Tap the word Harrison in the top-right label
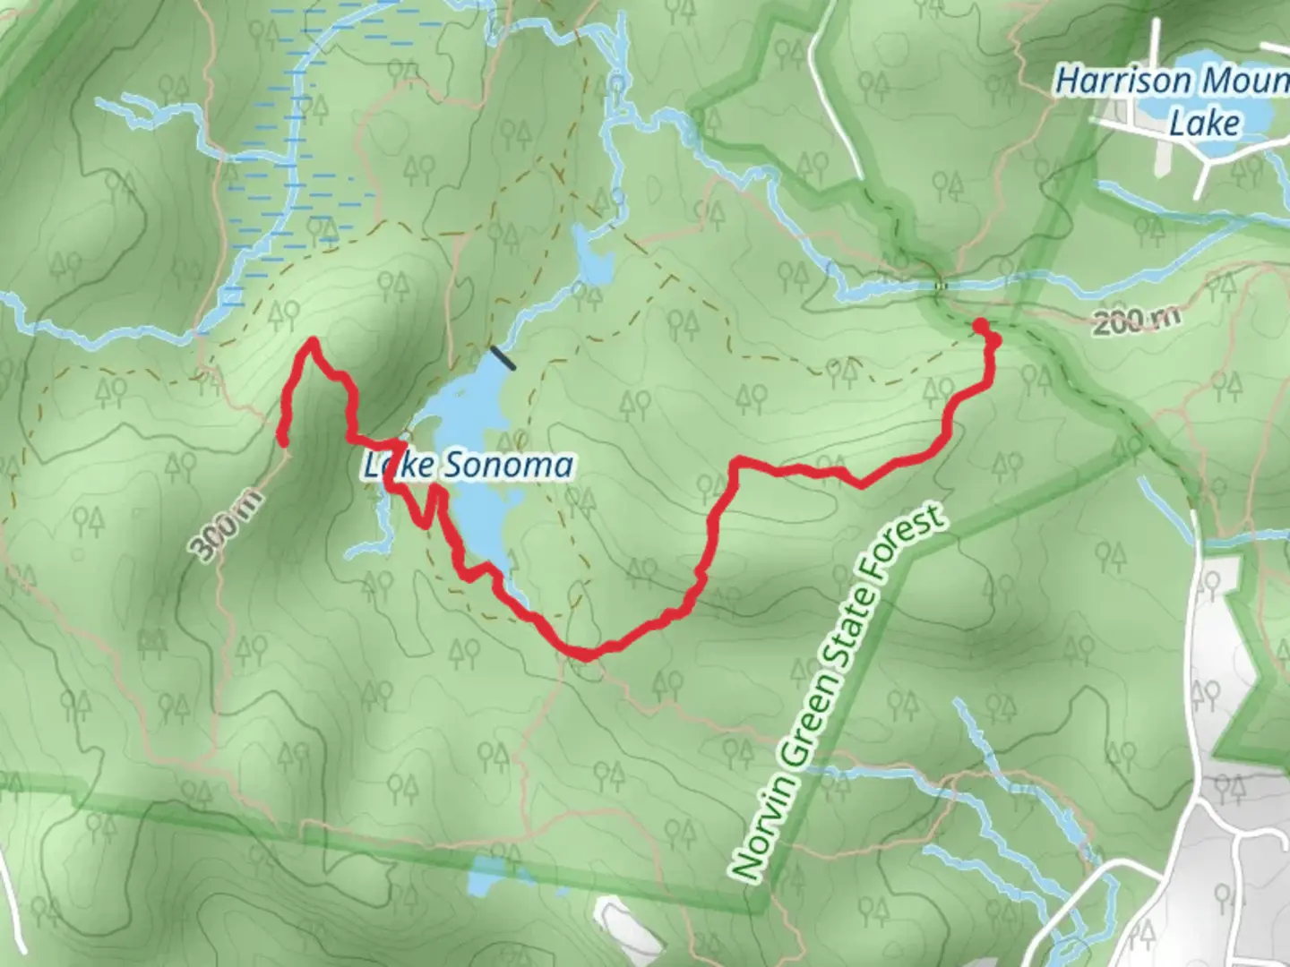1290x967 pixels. (1123, 82)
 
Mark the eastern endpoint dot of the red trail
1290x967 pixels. (980, 324)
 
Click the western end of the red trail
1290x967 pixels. (282, 440)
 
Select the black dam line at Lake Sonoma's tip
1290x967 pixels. (503, 357)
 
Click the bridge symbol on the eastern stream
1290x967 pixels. (940, 286)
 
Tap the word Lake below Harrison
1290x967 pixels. (1204, 124)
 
